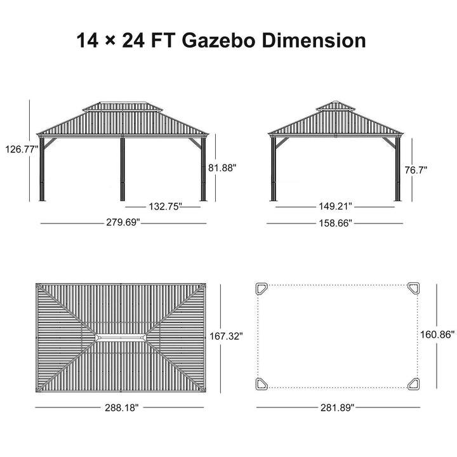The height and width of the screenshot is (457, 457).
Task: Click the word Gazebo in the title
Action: tap(219, 41)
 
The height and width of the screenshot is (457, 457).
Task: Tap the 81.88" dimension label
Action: tap(222, 168)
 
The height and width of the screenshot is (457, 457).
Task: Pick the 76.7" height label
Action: tap(416, 169)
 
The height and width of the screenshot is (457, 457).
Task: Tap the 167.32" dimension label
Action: tap(227, 336)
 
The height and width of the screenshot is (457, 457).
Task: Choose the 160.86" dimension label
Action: tap(438, 335)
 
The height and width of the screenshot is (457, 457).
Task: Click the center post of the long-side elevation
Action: tap(123, 169)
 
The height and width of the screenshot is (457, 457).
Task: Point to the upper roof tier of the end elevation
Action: tap(336, 106)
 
